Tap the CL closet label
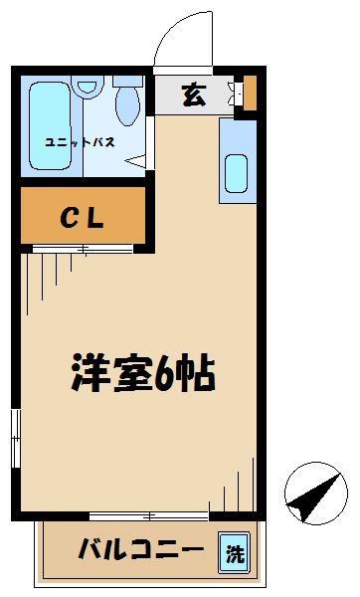84,216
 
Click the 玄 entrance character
194,96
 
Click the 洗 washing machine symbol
234,551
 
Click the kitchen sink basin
237,174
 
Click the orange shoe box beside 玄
249,93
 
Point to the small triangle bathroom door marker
141,157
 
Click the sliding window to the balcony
149,515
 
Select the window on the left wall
15,437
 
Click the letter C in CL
71,216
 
